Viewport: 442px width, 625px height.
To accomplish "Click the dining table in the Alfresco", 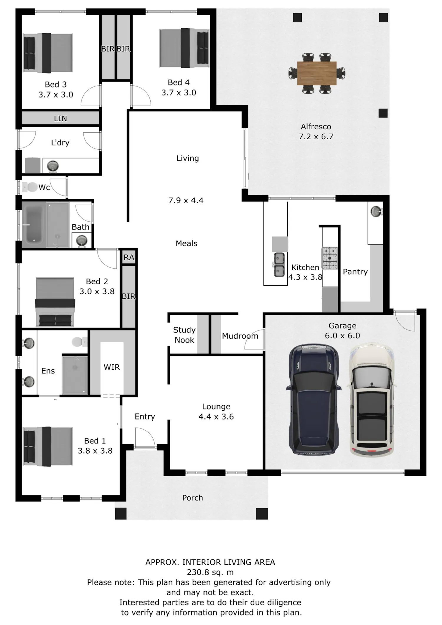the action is coord(317,73).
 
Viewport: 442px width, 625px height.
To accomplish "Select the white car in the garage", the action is coord(372,399).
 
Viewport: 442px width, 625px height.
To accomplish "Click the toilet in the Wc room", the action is coord(30,187).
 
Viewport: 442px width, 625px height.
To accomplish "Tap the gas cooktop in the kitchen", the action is coord(330,258).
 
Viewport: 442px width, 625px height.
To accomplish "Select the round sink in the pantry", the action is coord(375,211).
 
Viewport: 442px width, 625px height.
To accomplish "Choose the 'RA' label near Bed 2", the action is coord(129,257).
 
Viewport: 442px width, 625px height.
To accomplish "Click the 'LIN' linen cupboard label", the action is coord(60,118).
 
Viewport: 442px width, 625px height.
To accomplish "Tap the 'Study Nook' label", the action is coord(184,335).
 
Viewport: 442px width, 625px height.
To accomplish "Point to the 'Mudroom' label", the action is coord(240,336).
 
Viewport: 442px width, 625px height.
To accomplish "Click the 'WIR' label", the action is coord(112,367).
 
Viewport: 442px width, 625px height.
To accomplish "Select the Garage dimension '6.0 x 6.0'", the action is coord(342,336).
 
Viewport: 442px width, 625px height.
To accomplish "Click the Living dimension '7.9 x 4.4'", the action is coord(186,201).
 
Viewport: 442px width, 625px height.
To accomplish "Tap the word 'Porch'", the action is coord(192,498).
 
